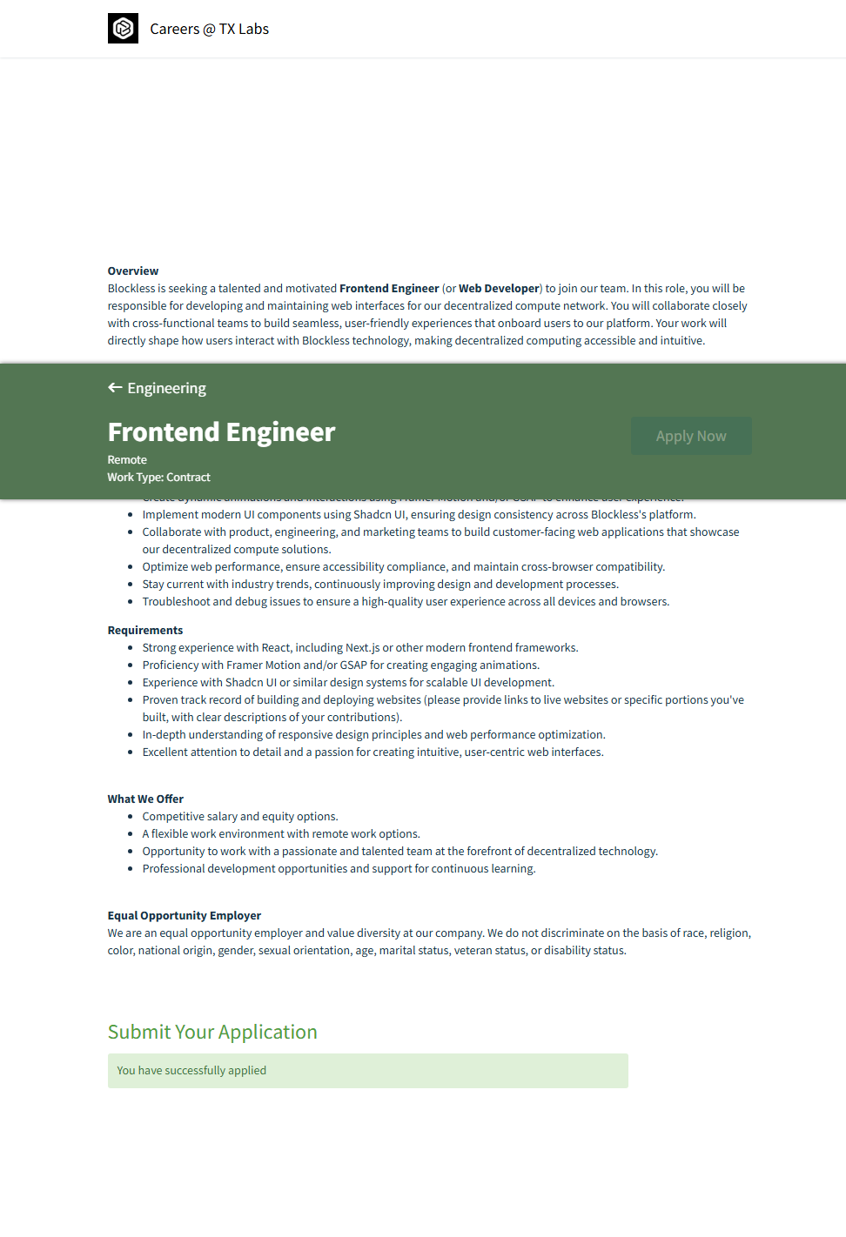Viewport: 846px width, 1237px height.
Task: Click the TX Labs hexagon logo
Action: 123,29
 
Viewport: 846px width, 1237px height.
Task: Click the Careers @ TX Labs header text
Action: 209,30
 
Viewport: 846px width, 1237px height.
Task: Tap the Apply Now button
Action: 691,436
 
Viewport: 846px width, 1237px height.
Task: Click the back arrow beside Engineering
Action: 115,388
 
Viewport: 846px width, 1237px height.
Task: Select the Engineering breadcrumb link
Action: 166,388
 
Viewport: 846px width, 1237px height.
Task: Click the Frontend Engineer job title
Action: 221,432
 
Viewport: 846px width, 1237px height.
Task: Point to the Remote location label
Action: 127,460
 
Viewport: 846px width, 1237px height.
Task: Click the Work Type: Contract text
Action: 158,478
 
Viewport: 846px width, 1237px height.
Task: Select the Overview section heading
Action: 133,271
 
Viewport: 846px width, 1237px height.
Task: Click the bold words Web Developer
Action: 499,289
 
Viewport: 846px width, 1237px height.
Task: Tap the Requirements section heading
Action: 145,631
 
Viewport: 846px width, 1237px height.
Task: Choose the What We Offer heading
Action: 145,799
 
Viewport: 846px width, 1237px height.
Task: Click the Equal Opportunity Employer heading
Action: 184,916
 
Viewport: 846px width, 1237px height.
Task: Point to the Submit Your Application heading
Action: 212,1032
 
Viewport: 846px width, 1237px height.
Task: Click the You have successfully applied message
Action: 191,1071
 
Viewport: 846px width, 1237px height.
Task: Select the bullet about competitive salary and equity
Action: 240,817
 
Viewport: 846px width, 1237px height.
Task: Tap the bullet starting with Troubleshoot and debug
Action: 406,602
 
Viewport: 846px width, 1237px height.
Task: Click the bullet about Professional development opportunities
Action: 339,869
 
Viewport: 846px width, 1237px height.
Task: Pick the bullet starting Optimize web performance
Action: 403,567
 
